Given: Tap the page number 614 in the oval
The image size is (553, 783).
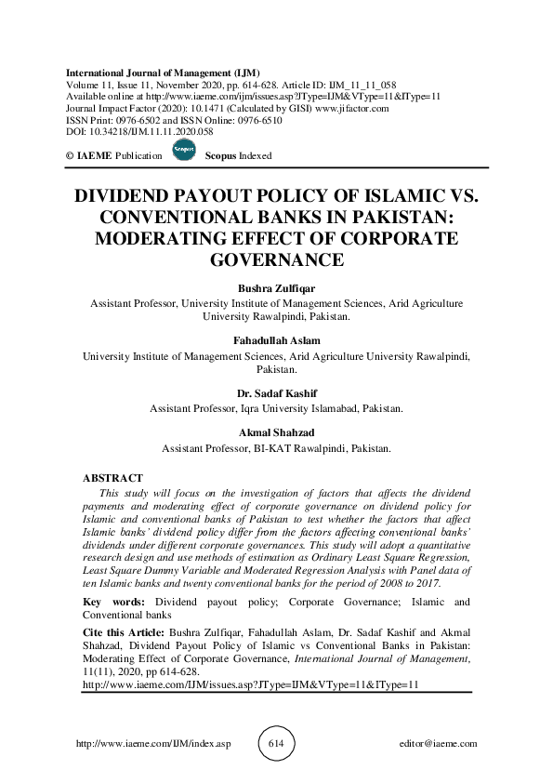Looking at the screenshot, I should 277,743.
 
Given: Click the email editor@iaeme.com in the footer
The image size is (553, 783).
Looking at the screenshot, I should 436,744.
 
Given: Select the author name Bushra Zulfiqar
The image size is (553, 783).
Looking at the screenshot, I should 276,288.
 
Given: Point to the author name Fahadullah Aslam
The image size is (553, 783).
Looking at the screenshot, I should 276,341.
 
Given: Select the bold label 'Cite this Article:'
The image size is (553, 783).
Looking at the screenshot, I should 124,630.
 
